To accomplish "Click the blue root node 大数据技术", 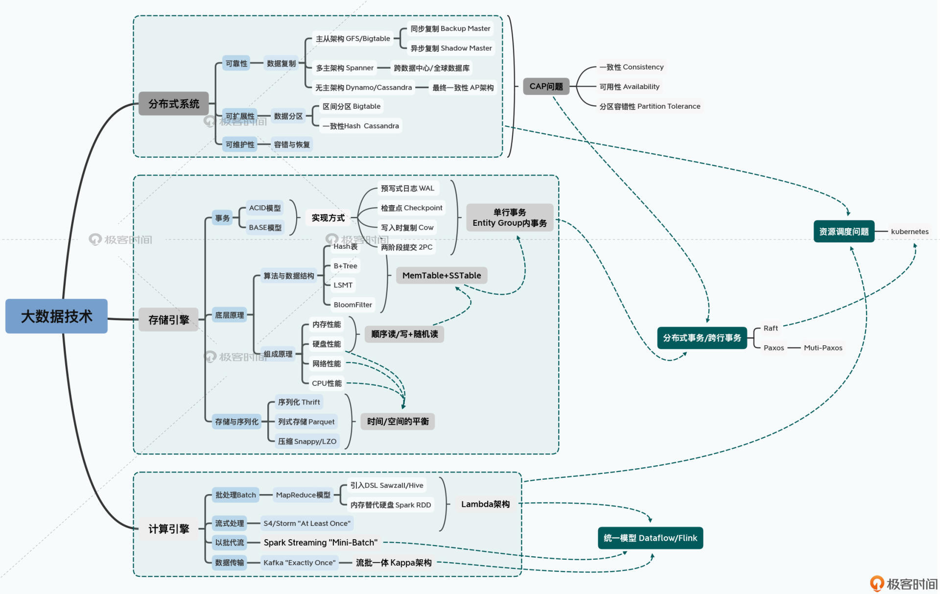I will (x=56, y=316).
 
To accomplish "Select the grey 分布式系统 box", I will (x=174, y=104).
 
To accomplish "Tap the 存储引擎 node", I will (x=168, y=320).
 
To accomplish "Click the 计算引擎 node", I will (x=168, y=529).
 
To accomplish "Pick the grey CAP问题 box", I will (x=546, y=87).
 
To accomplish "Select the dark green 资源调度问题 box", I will (x=844, y=232).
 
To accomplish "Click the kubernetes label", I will (x=909, y=232).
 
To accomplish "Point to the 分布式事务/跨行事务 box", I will (x=702, y=338).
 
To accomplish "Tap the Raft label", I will (x=771, y=328).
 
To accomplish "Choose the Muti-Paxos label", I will (x=823, y=348).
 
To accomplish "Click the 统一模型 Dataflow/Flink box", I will (x=650, y=538).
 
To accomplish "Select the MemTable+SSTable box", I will (x=441, y=276).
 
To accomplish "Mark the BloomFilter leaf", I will (x=352, y=305).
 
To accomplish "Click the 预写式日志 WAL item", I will (x=407, y=189).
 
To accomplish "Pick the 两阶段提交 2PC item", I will (x=406, y=247).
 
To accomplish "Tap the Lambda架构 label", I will (x=485, y=504).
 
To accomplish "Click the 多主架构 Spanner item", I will (x=345, y=68).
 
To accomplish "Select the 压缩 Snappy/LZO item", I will (x=307, y=441).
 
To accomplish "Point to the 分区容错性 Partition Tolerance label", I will (x=650, y=106).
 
